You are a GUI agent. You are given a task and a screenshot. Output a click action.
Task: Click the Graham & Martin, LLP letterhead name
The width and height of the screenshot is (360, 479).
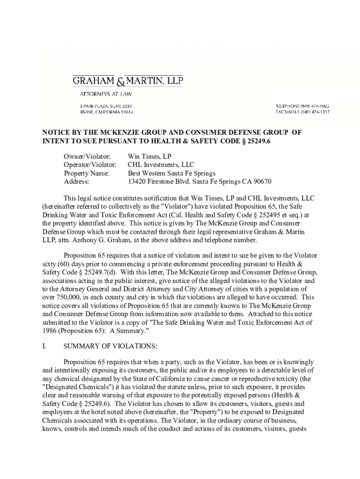128,81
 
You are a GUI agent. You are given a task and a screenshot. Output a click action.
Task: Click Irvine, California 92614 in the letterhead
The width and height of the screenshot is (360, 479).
106,112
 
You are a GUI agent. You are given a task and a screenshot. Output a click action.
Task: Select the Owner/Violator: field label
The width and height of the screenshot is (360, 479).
87,156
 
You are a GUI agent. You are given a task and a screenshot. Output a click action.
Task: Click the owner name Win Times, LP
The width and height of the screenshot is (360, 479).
150,156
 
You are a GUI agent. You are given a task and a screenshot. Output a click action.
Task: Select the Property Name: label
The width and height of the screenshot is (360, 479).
86,173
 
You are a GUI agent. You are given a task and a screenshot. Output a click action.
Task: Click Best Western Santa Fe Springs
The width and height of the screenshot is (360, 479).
172,173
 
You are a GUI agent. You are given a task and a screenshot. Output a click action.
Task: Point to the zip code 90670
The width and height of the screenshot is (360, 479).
262,181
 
